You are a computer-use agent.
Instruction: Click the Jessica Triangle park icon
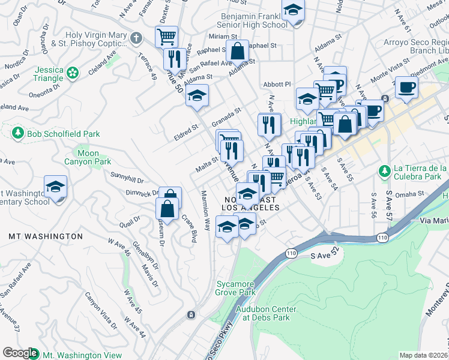tap(73, 73)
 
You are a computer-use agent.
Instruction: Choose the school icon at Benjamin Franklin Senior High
tap(293, 11)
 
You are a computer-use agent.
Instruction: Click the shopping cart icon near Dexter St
tap(166, 36)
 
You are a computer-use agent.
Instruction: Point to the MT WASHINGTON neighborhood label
tap(46, 236)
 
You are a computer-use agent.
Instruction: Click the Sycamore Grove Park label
tap(235, 288)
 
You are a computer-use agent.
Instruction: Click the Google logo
tap(20, 353)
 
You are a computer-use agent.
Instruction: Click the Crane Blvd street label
tap(189, 229)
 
